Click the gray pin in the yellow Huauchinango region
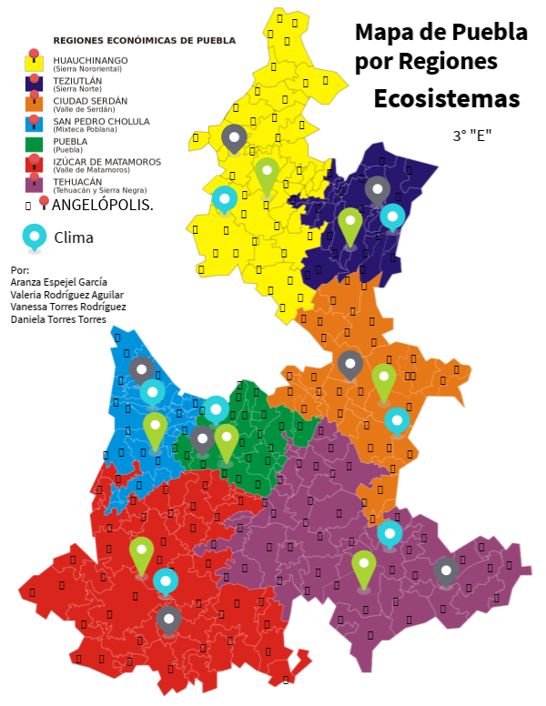coord(234,138)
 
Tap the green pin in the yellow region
coord(267,175)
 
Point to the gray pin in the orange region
coord(350,365)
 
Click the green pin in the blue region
coord(155,429)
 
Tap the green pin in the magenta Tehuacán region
coord(364,568)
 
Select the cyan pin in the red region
coord(166,581)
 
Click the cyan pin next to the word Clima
coord(35,237)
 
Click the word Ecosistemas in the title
coord(446,98)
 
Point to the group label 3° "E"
coord(472,136)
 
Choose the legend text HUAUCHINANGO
coord(90,60)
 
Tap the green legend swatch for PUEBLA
coord(34,145)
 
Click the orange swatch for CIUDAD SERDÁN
coord(34,105)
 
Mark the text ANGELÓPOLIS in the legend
coord(103,205)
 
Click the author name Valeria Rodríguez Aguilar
coord(66,295)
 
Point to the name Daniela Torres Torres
coord(58,319)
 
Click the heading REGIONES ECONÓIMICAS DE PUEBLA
coord(145,41)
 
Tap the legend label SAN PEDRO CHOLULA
coord(102,121)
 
